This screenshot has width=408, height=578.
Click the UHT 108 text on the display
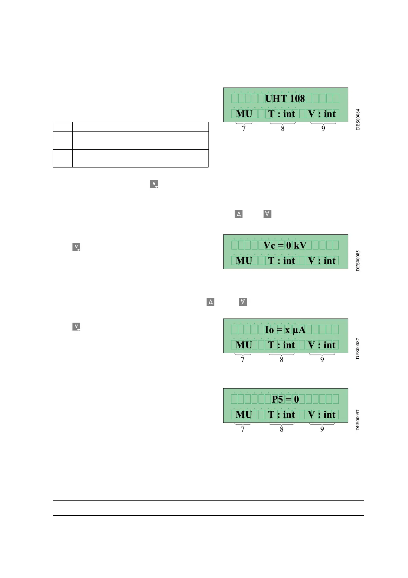tap(285, 99)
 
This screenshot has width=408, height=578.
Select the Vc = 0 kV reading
tap(285, 245)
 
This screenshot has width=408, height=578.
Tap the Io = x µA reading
tap(285, 330)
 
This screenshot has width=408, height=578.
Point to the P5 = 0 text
tap(285, 399)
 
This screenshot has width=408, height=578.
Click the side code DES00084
tap(358, 119)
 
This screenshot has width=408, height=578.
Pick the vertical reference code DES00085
tap(358, 261)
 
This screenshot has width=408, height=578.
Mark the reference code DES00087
tap(358, 348)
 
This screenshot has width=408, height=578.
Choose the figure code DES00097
tap(358, 420)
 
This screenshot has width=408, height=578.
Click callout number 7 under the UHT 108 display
tap(244, 129)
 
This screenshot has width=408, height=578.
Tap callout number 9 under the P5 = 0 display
tap(322, 429)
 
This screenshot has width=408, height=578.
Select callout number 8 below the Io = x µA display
tap(281, 360)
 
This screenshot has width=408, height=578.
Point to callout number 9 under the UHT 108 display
tap(323, 129)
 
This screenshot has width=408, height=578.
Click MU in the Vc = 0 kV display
tap(244, 261)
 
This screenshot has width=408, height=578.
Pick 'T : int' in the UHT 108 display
tap(281, 114)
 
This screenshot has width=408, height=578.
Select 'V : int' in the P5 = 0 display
tap(322, 415)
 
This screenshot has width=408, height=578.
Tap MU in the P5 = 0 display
tap(244, 415)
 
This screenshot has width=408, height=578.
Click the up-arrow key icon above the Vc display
tap(239, 214)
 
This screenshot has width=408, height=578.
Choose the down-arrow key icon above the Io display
tap(243, 302)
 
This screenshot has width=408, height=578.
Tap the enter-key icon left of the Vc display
tap(76, 247)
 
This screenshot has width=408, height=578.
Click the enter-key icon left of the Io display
tap(76, 326)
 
